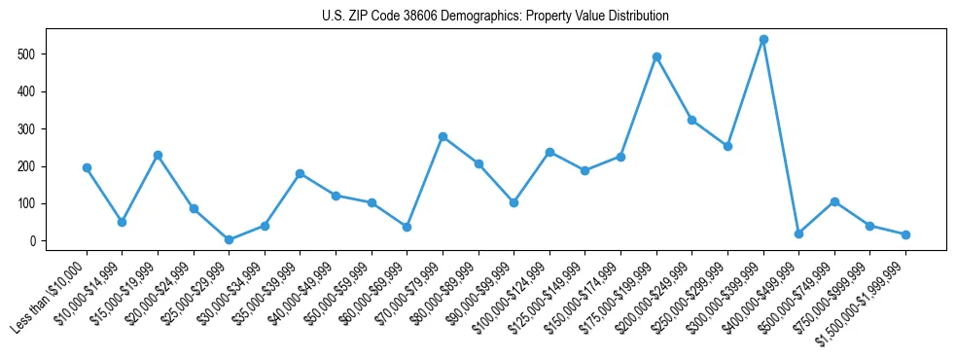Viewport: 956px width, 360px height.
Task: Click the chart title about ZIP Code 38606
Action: pos(495,17)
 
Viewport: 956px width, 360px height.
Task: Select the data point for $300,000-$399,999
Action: pos(763,40)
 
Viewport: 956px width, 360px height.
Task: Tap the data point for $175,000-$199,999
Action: pos(656,56)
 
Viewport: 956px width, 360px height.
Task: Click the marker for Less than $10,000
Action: pos(87,167)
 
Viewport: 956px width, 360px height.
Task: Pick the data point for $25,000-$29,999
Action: pos(229,239)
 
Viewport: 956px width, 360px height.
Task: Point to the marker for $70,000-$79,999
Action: pos(443,136)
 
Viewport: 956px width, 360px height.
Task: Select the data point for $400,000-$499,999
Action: pos(798,234)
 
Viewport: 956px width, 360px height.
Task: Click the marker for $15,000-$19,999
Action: pos(158,155)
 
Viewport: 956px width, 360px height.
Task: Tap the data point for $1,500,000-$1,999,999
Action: pos(905,234)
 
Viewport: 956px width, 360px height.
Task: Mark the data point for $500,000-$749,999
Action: pos(834,201)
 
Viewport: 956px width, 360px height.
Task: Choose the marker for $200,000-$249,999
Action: pos(691,120)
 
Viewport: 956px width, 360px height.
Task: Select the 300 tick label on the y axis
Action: pos(28,129)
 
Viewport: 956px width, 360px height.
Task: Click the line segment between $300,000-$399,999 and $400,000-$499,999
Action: pos(781,136)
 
